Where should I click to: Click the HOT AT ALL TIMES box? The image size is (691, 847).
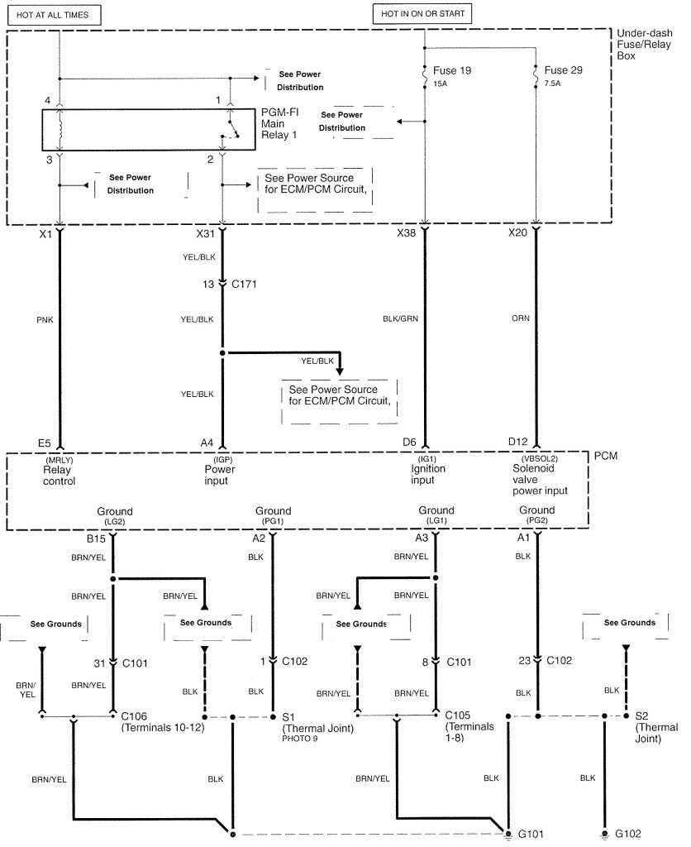(55, 15)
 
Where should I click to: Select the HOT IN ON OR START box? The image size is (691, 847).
(422, 13)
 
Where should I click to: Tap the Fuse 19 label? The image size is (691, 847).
(451, 71)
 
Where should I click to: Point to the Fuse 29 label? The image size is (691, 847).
(563, 70)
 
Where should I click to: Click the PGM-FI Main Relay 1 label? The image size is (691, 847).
(279, 124)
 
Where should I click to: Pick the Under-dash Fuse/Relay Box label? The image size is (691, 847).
(644, 45)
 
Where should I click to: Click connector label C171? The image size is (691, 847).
(244, 285)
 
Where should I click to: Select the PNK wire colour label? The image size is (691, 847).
(45, 320)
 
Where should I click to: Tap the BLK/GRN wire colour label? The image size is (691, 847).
(400, 318)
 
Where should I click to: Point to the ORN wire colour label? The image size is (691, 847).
(521, 318)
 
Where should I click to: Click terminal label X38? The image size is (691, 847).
(406, 232)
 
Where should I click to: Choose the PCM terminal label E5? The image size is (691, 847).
(45, 443)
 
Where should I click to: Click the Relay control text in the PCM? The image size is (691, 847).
(59, 476)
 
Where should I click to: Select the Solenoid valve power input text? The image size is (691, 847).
(540, 480)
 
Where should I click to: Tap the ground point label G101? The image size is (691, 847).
(530, 834)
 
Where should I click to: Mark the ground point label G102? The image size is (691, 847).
(628, 834)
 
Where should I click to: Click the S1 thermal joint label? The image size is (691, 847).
(288, 717)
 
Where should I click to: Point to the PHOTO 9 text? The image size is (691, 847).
(299, 739)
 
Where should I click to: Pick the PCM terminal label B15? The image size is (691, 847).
(96, 538)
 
